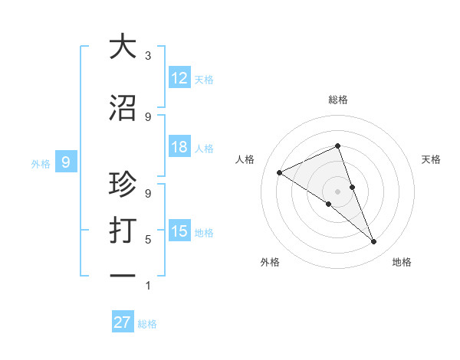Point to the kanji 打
pyautogui.click(x=123, y=230)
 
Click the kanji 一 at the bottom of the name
pyautogui.click(x=123, y=275)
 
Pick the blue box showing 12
pyautogui.click(x=179, y=78)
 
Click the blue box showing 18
pyautogui.click(x=179, y=147)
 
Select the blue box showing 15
pyautogui.click(x=179, y=231)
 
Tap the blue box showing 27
pyautogui.click(x=122, y=322)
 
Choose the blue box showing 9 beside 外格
pyautogui.click(x=66, y=162)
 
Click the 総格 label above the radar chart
pyautogui.click(x=337, y=100)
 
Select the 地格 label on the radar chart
pyautogui.click(x=402, y=262)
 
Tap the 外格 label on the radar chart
pyautogui.click(x=270, y=262)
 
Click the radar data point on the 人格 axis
pyautogui.click(x=280, y=172)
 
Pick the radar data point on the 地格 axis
pyautogui.click(x=374, y=242)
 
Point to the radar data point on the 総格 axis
pyautogui.click(x=337, y=146)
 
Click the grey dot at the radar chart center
pyautogui.click(x=337, y=191)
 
